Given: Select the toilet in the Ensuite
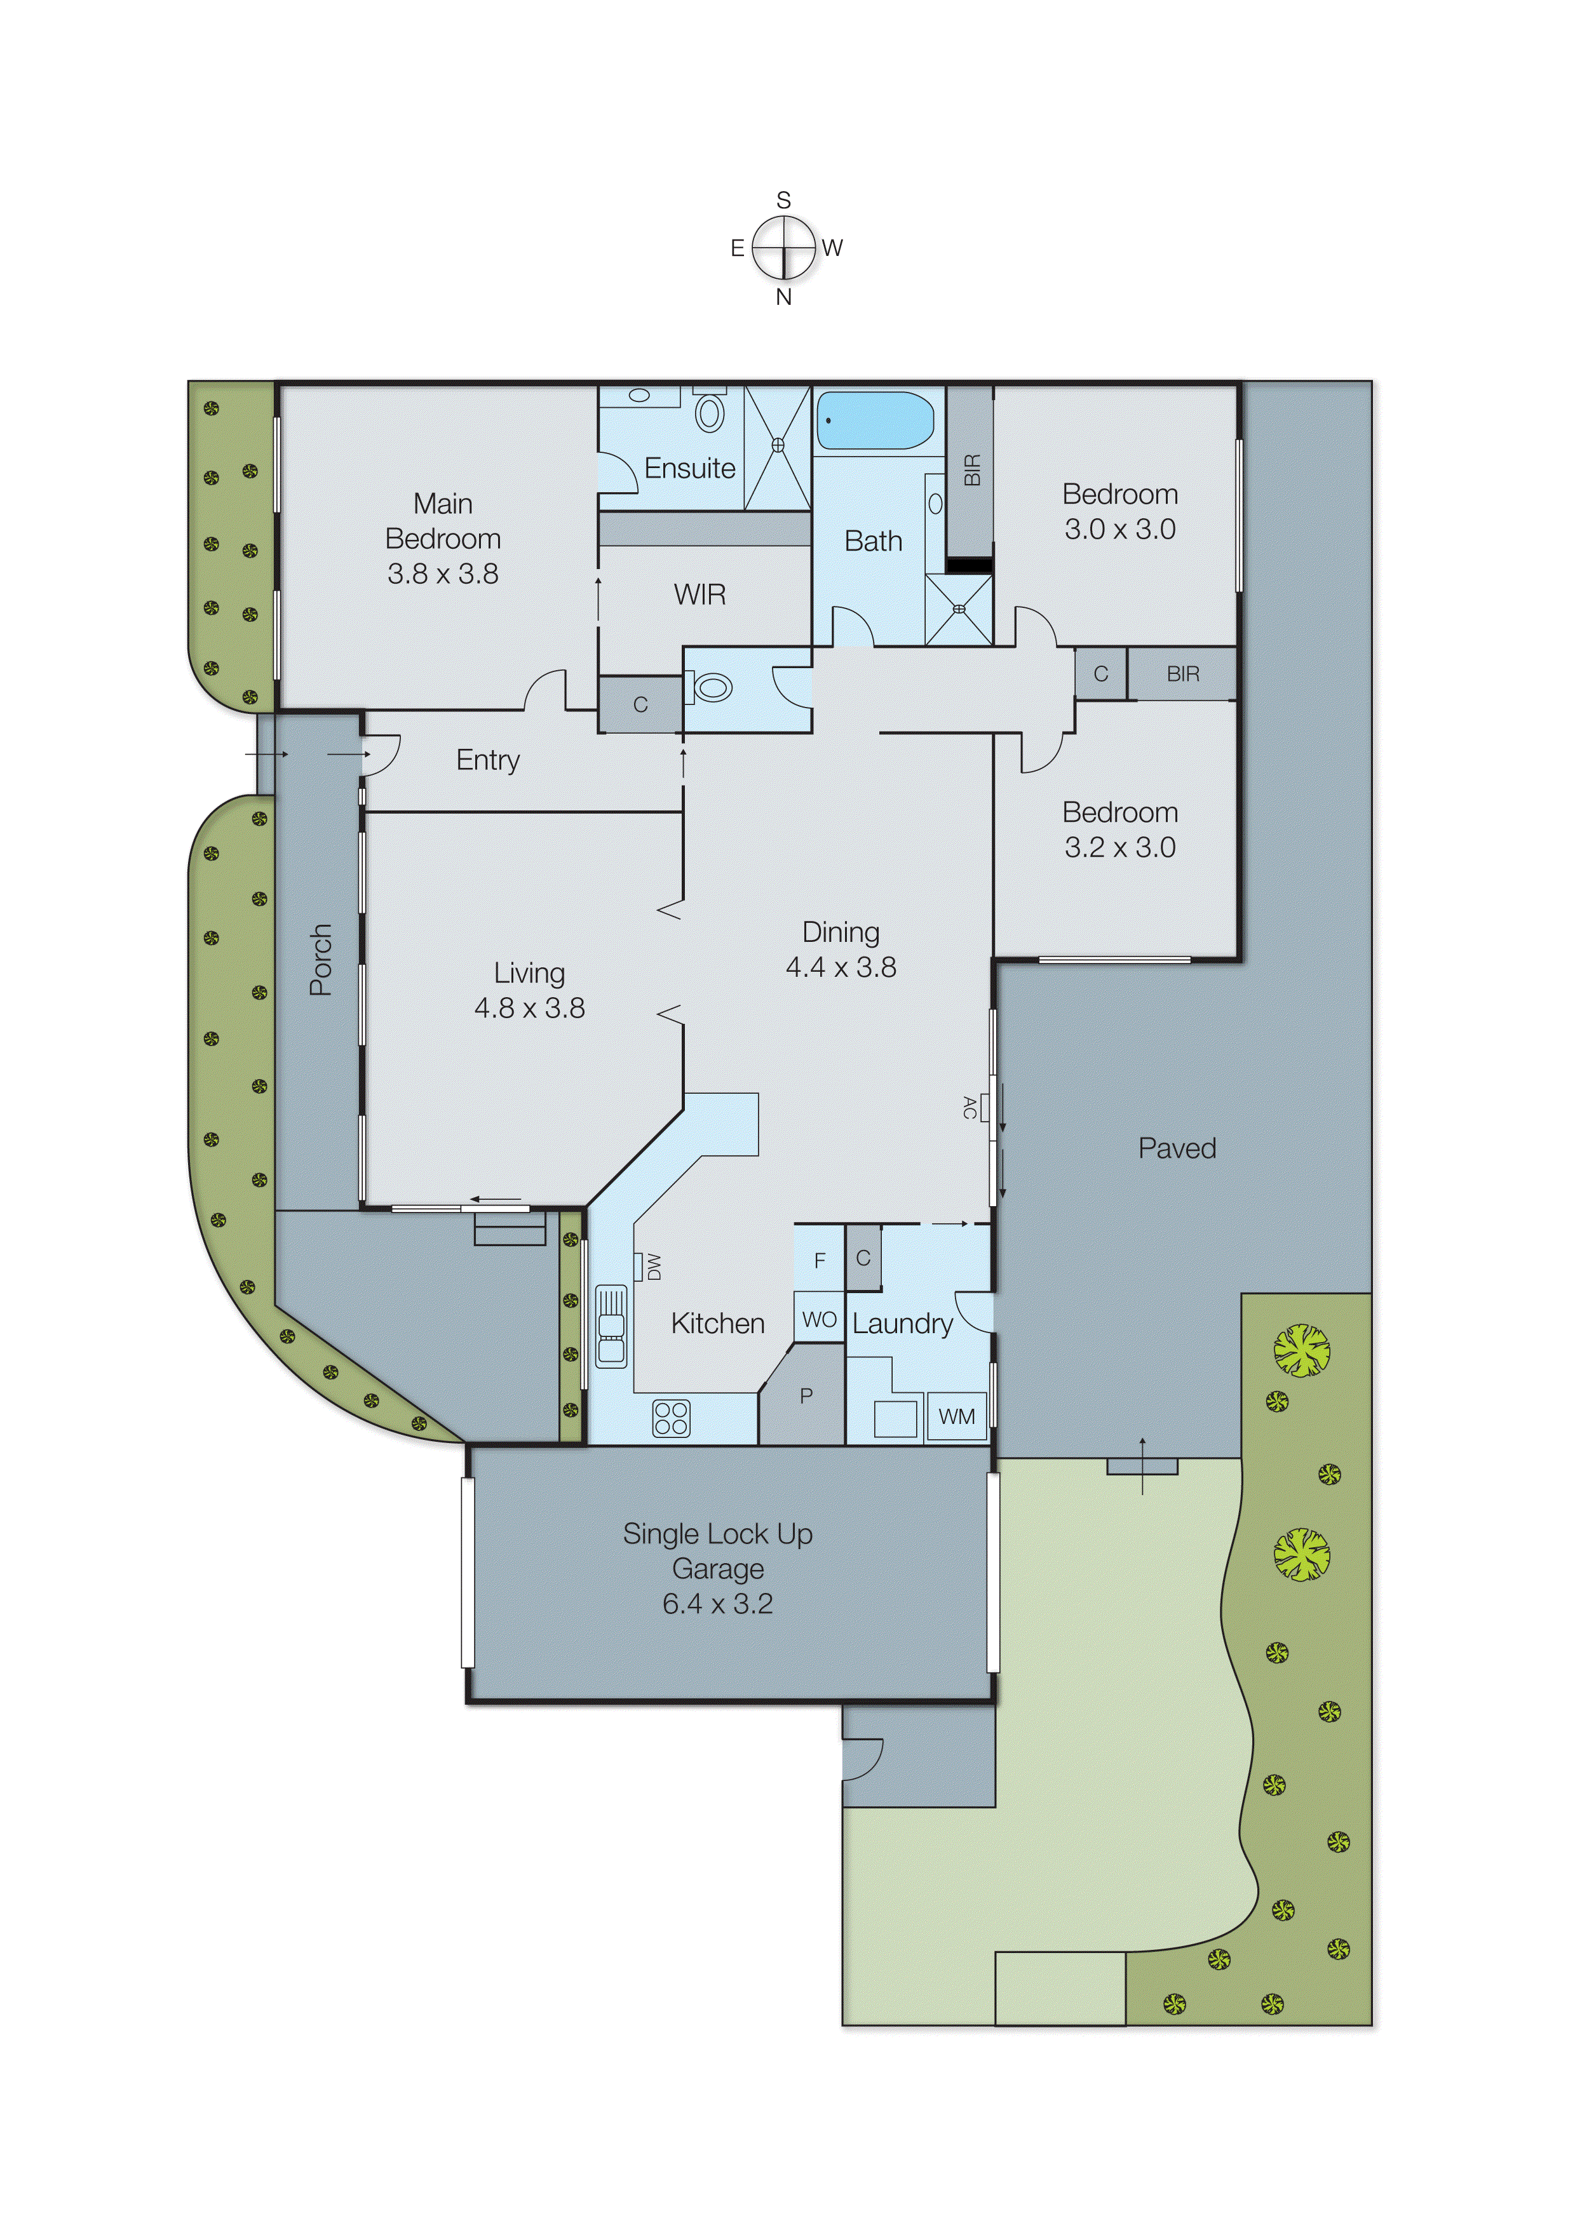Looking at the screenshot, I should [x=710, y=413].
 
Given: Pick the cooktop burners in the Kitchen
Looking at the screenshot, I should [x=671, y=1418].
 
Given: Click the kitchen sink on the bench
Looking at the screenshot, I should [x=611, y=1326].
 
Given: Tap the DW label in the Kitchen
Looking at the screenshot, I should [x=654, y=1266].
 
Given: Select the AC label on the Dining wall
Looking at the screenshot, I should [x=970, y=1107].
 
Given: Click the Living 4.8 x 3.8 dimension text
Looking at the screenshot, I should [x=529, y=1008].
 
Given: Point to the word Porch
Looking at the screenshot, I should [x=320, y=960].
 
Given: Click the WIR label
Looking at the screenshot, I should [x=700, y=594].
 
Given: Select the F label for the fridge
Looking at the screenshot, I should [x=820, y=1260].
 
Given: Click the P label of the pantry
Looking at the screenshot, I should [x=806, y=1396].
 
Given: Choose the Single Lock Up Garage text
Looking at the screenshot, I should [x=718, y=1550].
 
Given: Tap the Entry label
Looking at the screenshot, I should [x=488, y=760].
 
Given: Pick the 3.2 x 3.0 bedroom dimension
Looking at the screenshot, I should [x=1119, y=847].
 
